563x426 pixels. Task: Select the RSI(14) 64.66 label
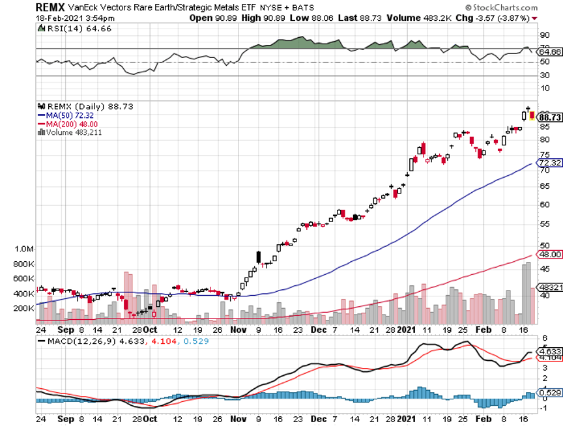(x=66, y=29)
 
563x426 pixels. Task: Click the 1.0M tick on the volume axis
(x=23, y=249)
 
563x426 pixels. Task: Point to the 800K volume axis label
(x=23, y=264)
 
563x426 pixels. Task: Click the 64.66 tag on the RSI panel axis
(x=551, y=51)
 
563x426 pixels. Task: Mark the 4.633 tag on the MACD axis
(x=551, y=350)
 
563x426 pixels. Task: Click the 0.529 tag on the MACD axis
(x=551, y=392)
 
